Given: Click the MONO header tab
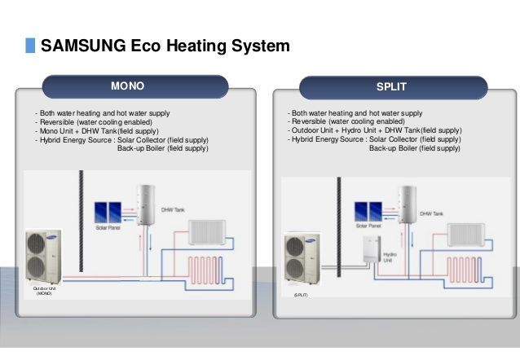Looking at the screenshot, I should pyautogui.click(x=134, y=86).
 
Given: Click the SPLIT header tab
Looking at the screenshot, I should pyautogui.click(x=394, y=86).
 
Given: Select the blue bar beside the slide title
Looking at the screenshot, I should pyautogui.click(x=30, y=46).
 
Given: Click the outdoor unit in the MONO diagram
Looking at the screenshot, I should pyautogui.click(x=44, y=256).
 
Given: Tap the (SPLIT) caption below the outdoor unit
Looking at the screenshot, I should pyautogui.click(x=300, y=300).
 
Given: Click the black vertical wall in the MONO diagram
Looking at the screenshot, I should pyautogui.click(x=80, y=228).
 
